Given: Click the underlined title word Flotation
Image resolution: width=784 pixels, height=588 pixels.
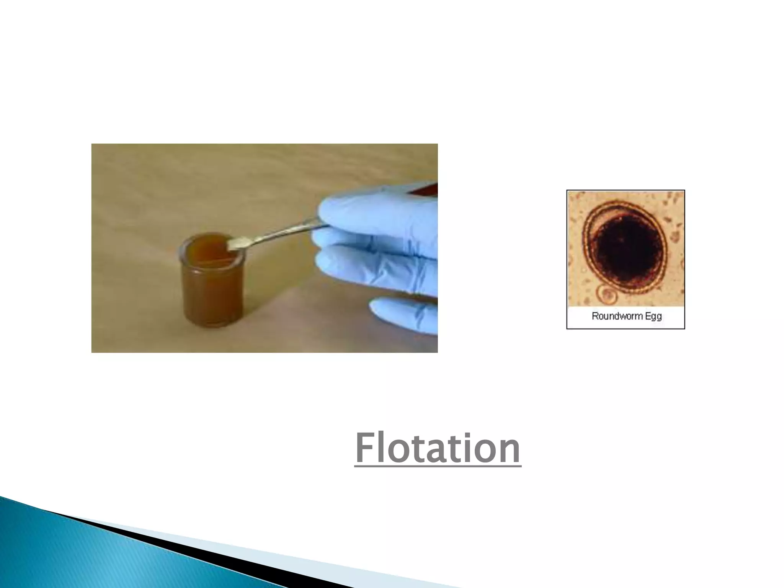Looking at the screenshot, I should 438,448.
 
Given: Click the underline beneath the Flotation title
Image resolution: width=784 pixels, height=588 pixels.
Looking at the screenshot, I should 438,466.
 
